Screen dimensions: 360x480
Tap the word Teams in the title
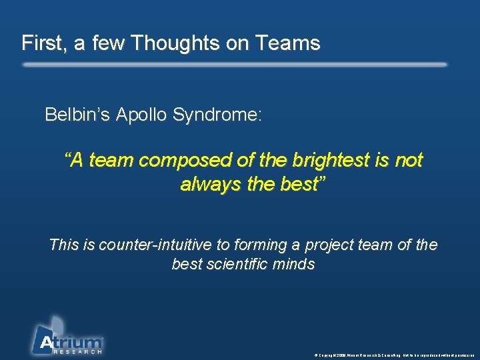pyautogui.click(x=290, y=43)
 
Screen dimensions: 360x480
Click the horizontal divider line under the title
pyautogui.click(x=235, y=65)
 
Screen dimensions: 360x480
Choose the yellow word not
pyautogui.click(x=409, y=161)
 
